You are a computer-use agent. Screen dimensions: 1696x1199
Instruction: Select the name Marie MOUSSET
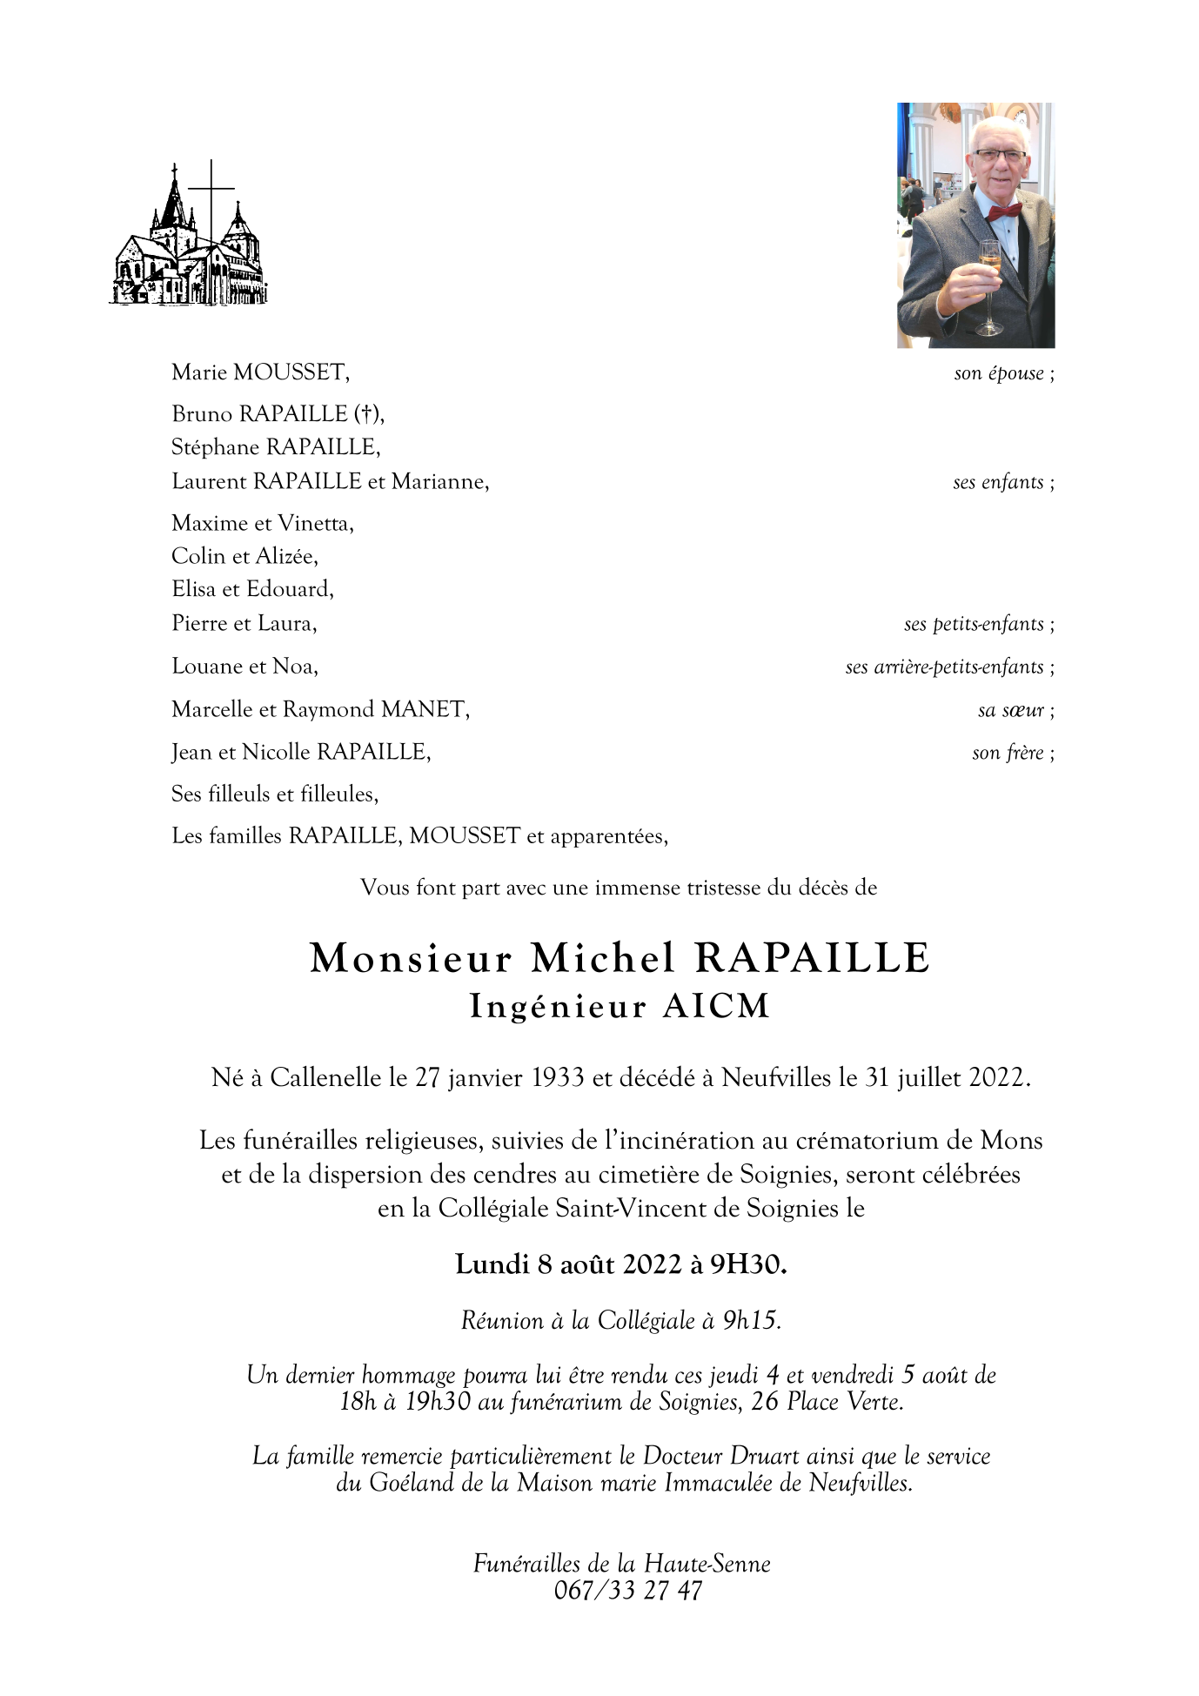(x=259, y=373)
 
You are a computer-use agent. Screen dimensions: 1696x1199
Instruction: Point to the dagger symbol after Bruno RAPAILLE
(x=370, y=414)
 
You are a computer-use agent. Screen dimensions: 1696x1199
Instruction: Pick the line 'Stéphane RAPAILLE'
(x=276, y=447)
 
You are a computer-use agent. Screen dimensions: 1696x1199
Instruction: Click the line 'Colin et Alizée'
(x=244, y=556)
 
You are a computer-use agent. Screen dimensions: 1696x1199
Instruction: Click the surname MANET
(x=424, y=710)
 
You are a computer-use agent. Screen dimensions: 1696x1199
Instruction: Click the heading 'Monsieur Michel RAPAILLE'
(x=620, y=958)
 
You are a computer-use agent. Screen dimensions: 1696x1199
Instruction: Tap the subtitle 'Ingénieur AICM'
(x=620, y=1007)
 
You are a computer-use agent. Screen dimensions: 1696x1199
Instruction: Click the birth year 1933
(x=554, y=1079)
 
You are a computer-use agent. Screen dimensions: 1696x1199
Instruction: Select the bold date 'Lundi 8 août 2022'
(x=567, y=1264)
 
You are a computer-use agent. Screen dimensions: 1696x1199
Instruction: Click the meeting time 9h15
(x=750, y=1321)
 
